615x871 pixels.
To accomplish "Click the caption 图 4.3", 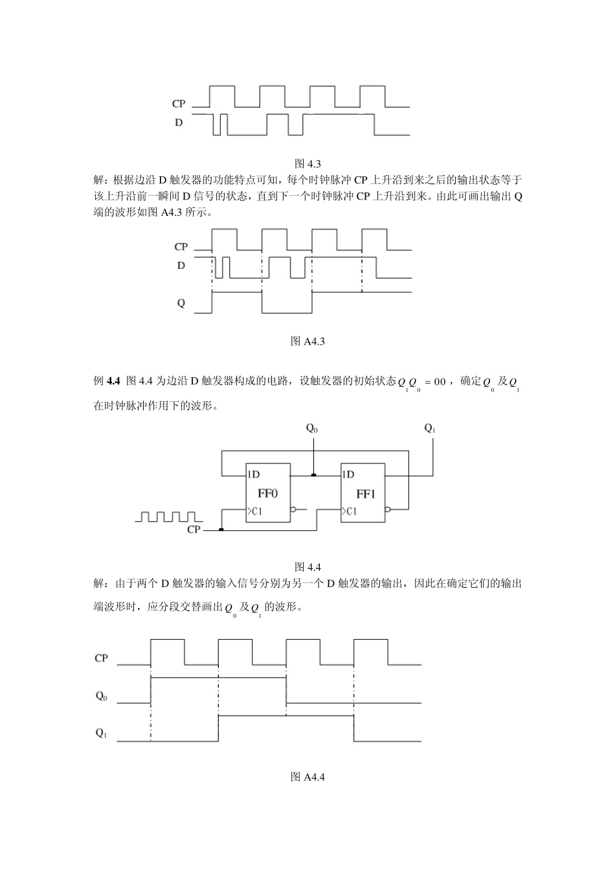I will (307, 163).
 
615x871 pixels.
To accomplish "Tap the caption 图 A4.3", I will (307, 341).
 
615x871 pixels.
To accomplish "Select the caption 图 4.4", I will (307, 566).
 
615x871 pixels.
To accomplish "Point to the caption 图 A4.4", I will (307, 776).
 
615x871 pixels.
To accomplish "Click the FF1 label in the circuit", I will (365, 494).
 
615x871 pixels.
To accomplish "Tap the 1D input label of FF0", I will (253, 474).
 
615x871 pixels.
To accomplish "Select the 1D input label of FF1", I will (348, 474).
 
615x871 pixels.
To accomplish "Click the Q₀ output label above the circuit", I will (312, 428).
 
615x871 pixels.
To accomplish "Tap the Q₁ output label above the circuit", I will (430, 428).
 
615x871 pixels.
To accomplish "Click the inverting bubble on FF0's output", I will (294, 509).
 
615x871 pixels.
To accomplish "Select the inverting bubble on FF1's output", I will (388, 509).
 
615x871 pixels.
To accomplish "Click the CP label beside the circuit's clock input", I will (194, 529).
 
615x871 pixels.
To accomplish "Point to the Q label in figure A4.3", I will (181, 303).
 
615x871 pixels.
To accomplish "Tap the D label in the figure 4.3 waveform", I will (179, 122).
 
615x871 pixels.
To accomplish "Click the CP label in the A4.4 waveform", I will (101, 658).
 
